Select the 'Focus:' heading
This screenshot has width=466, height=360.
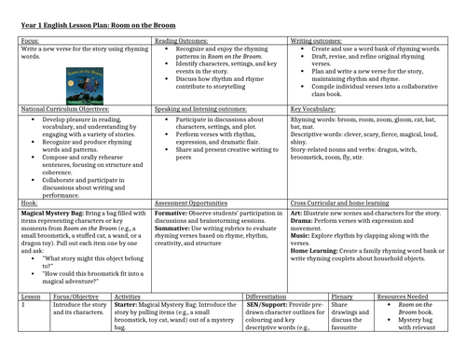coord(15,41)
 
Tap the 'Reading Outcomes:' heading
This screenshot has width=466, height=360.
coord(183,41)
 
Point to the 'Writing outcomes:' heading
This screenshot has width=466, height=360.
coord(316,41)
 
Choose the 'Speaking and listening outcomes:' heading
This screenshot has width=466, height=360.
coord(203,109)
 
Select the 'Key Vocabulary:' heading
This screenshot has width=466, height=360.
coord(314,109)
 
